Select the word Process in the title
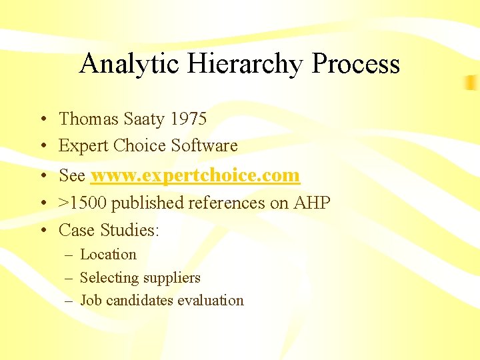pos(356,64)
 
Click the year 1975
pos(189,119)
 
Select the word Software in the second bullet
pos(204,145)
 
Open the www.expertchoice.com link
pos(195,175)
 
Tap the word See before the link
pos(72,175)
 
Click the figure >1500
pos(83,203)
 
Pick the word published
pos(148,203)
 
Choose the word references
pos(228,203)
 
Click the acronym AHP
pos(312,203)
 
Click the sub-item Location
pos(108,255)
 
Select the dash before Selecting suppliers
pos(69,278)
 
